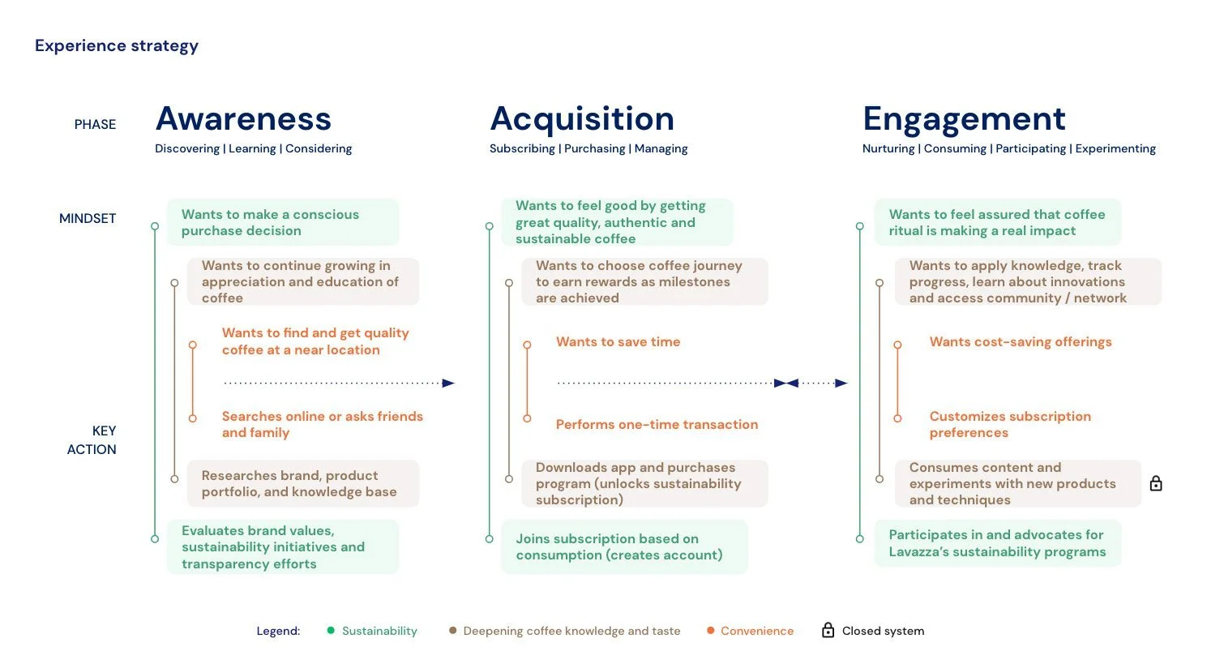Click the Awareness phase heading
point(243,119)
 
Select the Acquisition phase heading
point(582,119)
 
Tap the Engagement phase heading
point(964,119)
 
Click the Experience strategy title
point(117,46)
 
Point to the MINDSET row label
point(88,219)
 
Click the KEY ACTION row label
point(92,440)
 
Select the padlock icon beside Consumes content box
point(1156,484)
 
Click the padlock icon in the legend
point(828,631)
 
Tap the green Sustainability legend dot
point(331,631)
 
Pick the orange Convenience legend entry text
point(757,631)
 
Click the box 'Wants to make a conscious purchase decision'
point(282,223)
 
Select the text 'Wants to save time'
point(618,342)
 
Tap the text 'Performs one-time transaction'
point(657,425)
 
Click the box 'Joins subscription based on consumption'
point(623,547)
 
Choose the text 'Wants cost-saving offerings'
point(1020,342)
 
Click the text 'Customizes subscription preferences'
point(1009,425)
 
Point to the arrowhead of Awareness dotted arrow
point(448,384)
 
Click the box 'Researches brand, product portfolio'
point(303,484)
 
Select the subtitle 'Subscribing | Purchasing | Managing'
point(589,149)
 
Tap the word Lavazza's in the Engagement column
point(918,552)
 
